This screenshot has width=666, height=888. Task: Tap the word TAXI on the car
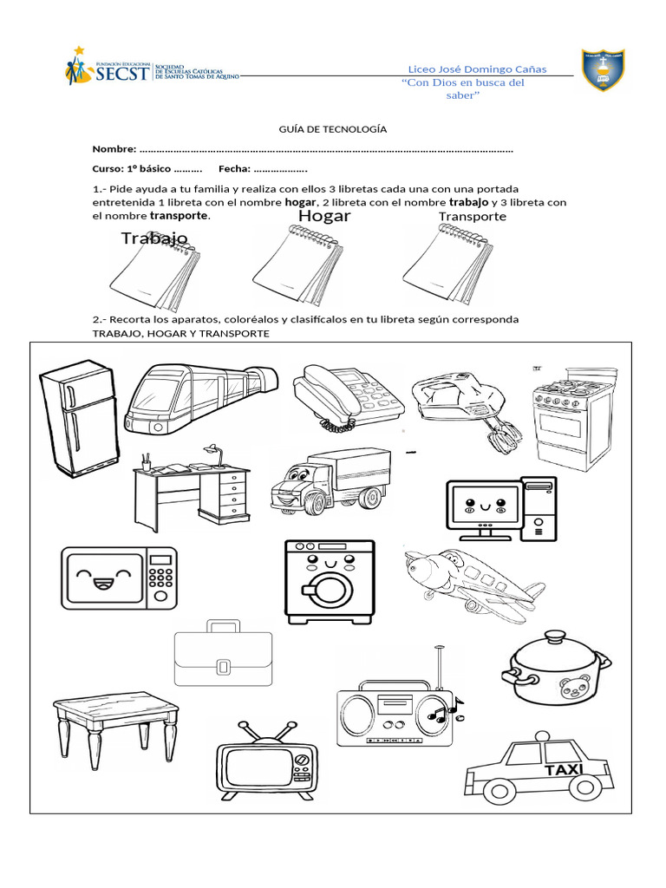(x=564, y=770)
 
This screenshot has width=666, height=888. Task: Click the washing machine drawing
(x=330, y=581)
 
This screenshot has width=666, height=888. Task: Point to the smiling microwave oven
(x=119, y=577)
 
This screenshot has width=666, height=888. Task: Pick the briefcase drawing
(x=223, y=655)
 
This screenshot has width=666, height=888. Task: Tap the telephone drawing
(x=347, y=395)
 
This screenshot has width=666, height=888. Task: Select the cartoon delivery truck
(x=328, y=481)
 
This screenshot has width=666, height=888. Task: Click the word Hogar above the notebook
(x=324, y=216)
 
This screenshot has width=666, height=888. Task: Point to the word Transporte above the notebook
(x=472, y=217)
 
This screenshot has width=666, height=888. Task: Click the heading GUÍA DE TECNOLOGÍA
(x=332, y=129)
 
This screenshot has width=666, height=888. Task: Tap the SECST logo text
(x=121, y=75)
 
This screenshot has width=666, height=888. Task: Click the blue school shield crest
(x=604, y=71)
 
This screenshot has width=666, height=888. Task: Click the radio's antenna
(x=439, y=668)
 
